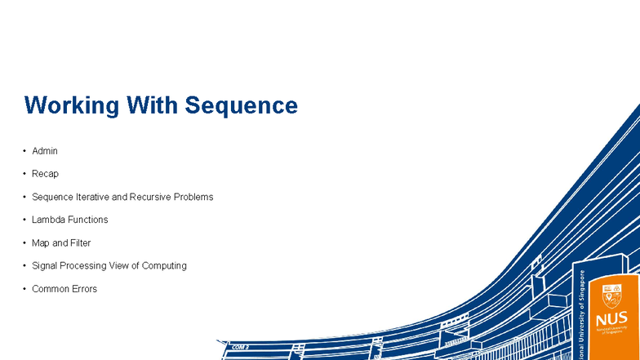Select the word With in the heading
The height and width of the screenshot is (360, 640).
click(151, 106)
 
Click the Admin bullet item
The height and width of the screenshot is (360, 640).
click(45, 151)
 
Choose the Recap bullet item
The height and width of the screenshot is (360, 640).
click(45, 174)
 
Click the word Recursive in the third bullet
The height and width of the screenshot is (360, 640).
click(150, 197)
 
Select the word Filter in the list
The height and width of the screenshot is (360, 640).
click(80, 243)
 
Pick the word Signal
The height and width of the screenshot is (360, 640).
click(45, 266)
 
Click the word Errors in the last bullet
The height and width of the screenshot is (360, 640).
click(83, 289)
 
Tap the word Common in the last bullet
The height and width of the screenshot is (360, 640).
click(49, 289)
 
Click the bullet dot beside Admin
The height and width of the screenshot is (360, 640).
click(24, 151)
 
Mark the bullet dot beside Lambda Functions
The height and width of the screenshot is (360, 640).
click(24, 220)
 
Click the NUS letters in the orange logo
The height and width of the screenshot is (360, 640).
click(611, 319)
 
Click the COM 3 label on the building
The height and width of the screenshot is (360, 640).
click(240, 347)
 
